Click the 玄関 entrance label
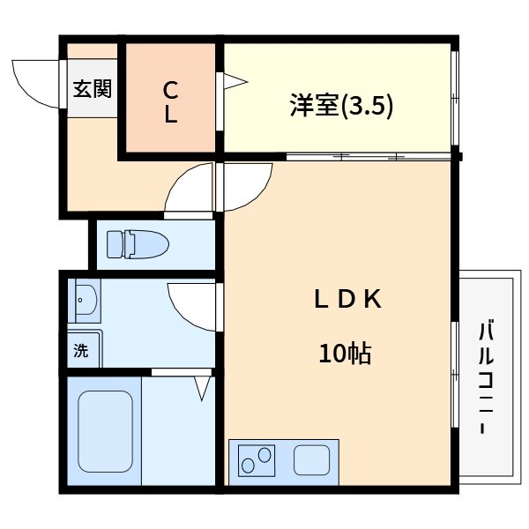(x=92, y=88)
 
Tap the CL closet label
(x=170, y=102)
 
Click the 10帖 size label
(x=345, y=354)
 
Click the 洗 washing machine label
(x=81, y=350)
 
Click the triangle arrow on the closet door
(x=235, y=84)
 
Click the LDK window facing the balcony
(x=455, y=375)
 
